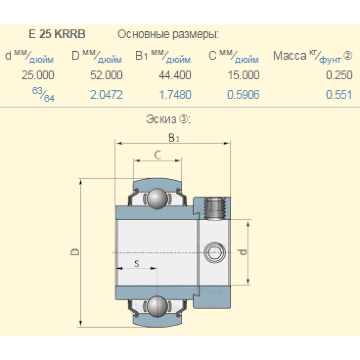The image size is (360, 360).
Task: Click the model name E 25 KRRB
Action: coord(57,34)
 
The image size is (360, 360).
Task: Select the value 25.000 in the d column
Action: coord(38,75)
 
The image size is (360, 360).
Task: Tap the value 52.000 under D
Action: coord(106,75)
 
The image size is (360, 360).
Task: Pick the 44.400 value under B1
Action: coord(175,75)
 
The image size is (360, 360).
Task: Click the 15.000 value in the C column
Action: coord(244,75)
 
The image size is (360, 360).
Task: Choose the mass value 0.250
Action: coord(339,75)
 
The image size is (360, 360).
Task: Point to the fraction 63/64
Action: coord(44,94)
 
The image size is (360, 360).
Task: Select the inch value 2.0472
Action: coord(106,95)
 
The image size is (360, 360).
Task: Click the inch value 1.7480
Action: coord(175,95)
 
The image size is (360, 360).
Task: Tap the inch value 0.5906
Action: coord(244,95)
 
